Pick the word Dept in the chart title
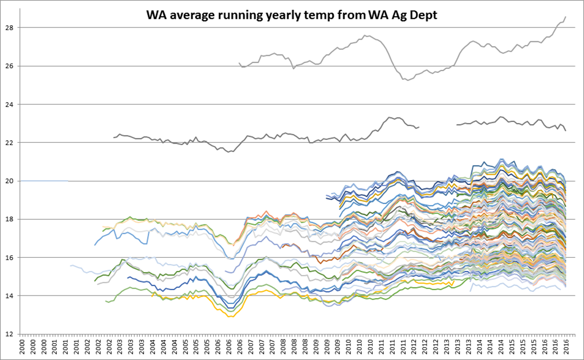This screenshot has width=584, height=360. pyautogui.click(x=423, y=16)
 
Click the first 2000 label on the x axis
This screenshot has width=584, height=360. pyautogui.click(x=22, y=347)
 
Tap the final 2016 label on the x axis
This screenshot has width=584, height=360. pyautogui.click(x=566, y=347)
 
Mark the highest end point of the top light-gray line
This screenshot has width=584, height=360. pyautogui.click(x=566, y=17)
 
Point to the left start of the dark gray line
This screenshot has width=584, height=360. pyautogui.click(x=114, y=137)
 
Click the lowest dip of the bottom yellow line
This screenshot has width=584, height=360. pyautogui.click(x=229, y=317)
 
